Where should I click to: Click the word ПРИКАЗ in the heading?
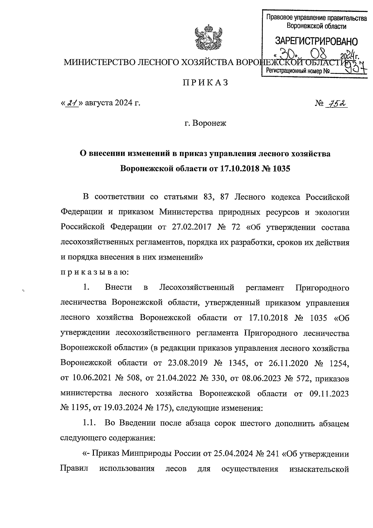tap(205, 83)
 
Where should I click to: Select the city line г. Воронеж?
tap(205, 123)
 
